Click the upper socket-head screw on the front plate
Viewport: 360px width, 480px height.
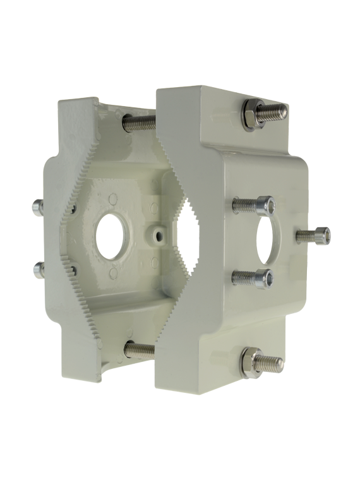coord(253,205)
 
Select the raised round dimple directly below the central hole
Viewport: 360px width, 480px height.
coord(114,272)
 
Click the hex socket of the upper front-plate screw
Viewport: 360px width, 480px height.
coord(267,205)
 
